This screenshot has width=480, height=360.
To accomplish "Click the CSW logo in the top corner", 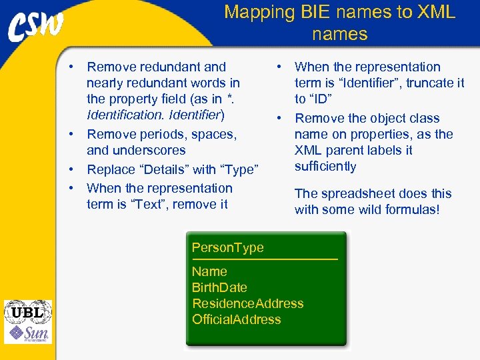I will coord(36,28).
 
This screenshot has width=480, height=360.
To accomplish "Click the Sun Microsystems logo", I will coord(28,333).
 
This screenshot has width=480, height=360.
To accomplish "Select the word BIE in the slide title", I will coord(319,12).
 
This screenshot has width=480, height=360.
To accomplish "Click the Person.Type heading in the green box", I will coord(227,247).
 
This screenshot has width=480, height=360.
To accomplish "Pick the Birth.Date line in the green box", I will coord(219,287).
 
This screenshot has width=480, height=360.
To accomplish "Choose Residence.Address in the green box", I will coord(247,303).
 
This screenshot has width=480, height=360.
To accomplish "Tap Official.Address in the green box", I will coord(236,319).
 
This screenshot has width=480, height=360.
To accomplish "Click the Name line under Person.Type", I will coord(209,271).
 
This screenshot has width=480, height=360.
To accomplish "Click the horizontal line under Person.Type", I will coord(265,259).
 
